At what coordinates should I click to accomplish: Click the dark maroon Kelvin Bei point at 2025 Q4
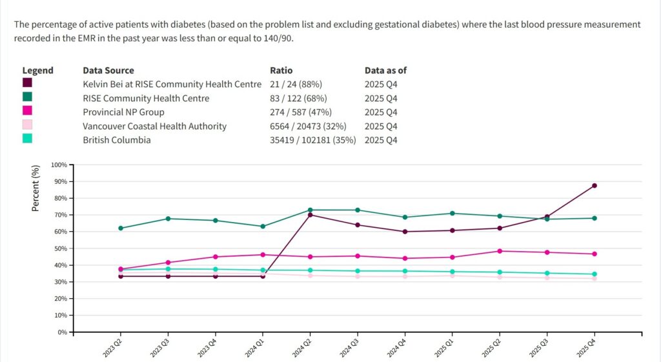pos(594,186)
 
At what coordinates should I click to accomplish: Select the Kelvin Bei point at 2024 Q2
pos(310,215)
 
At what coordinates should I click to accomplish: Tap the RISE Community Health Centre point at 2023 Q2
pos(121,228)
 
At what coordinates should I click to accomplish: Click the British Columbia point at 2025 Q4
pos(594,274)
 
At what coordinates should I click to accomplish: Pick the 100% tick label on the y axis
pos(59,165)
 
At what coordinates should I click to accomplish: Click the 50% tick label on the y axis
pos(61,248)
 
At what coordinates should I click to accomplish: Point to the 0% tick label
pos(63,332)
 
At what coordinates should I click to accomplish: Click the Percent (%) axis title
pos(36,188)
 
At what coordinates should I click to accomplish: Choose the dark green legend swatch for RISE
pos(28,97)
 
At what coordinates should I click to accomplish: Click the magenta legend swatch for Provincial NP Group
pos(28,111)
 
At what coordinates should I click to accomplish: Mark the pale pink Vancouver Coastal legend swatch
pos(28,125)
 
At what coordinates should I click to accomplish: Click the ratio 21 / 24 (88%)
pos(296,85)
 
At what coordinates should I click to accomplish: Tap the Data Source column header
pos(108,70)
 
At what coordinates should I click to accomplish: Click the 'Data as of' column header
pos(385,70)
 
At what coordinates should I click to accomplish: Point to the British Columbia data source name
pos(116,140)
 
